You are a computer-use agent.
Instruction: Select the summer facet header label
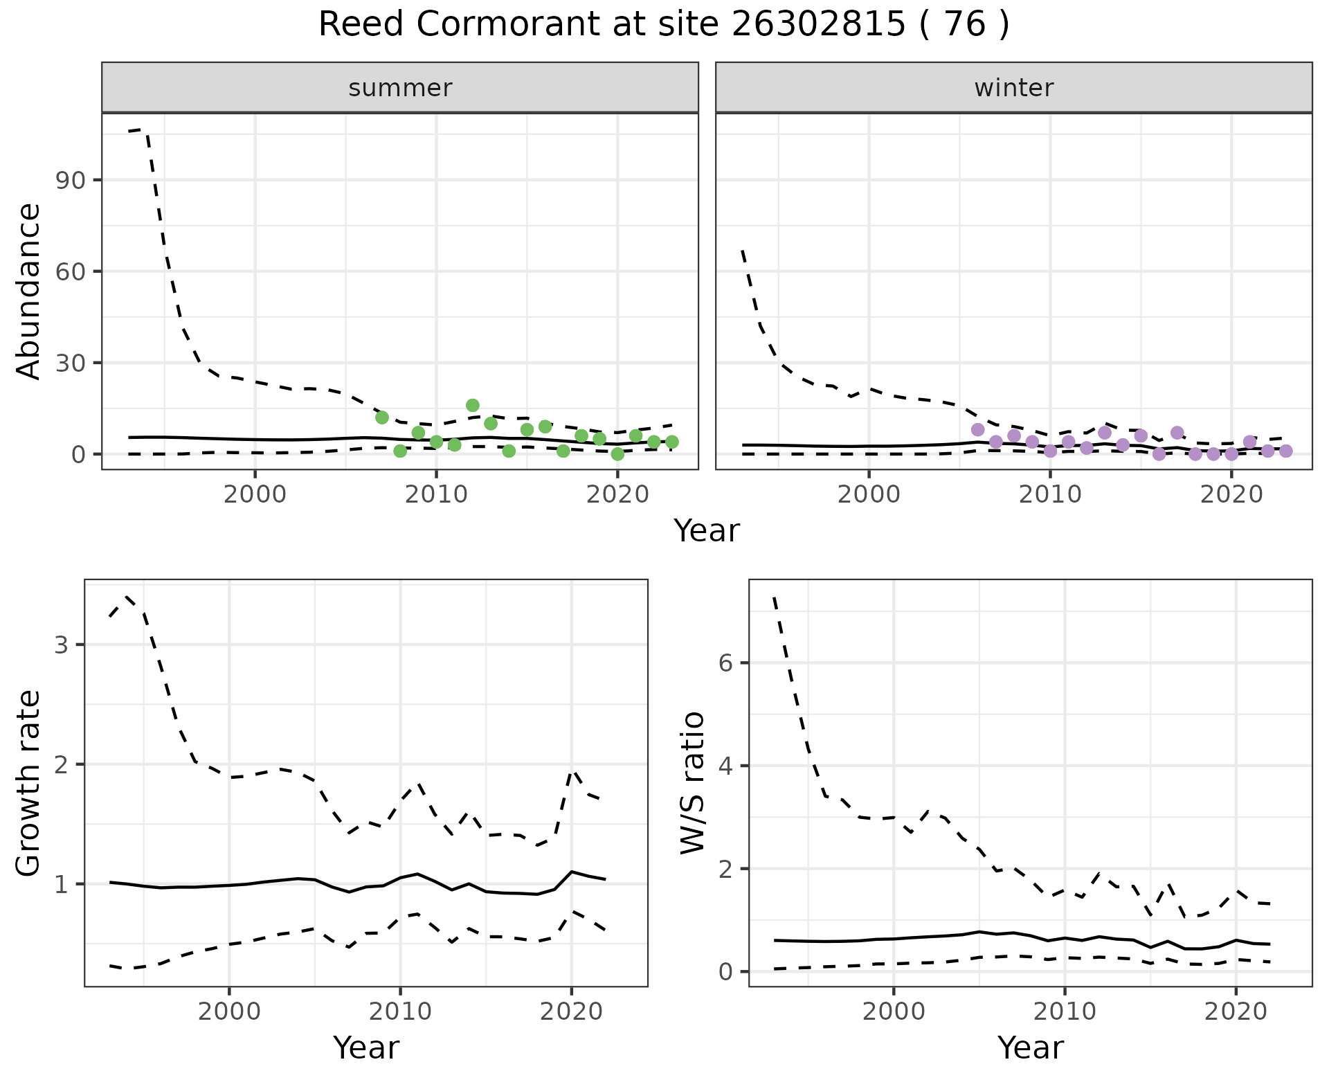tap(400, 88)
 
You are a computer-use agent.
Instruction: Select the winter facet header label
tap(1013, 88)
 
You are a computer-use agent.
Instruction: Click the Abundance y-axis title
tap(29, 291)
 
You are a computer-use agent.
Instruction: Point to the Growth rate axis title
tap(29, 784)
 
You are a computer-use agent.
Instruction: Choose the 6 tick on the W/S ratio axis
tap(725, 663)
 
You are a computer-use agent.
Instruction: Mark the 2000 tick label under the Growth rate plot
tap(229, 1011)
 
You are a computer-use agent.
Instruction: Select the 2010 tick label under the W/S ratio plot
tap(1065, 1011)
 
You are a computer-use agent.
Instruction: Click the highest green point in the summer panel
tap(473, 406)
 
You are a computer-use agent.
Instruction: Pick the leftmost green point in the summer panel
tap(382, 417)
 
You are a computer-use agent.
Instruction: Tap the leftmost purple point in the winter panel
tap(978, 430)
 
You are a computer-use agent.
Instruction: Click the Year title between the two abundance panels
tap(707, 531)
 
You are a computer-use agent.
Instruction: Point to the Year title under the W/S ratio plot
tap(1030, 1048)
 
